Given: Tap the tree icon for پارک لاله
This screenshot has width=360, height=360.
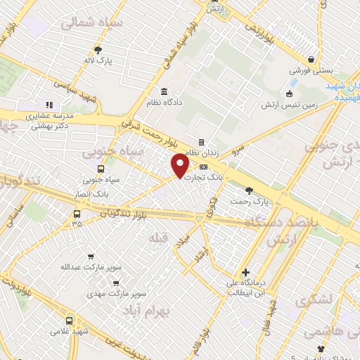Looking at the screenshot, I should point(98,50).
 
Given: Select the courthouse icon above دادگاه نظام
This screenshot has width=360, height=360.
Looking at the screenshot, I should point(164,92).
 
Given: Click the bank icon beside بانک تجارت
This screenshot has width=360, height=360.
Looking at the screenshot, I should point(203,167).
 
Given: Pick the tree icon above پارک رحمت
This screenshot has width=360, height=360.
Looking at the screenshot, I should point(249,191).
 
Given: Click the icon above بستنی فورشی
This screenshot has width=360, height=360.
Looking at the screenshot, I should point(310,60).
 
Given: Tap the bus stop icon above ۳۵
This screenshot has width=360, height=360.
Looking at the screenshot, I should point(77,213).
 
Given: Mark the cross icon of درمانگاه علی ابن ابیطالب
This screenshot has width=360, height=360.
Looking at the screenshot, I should point(245,273).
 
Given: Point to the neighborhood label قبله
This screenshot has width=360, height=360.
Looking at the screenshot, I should point(159,238).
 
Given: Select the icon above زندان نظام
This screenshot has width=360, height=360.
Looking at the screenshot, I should point(201,142).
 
